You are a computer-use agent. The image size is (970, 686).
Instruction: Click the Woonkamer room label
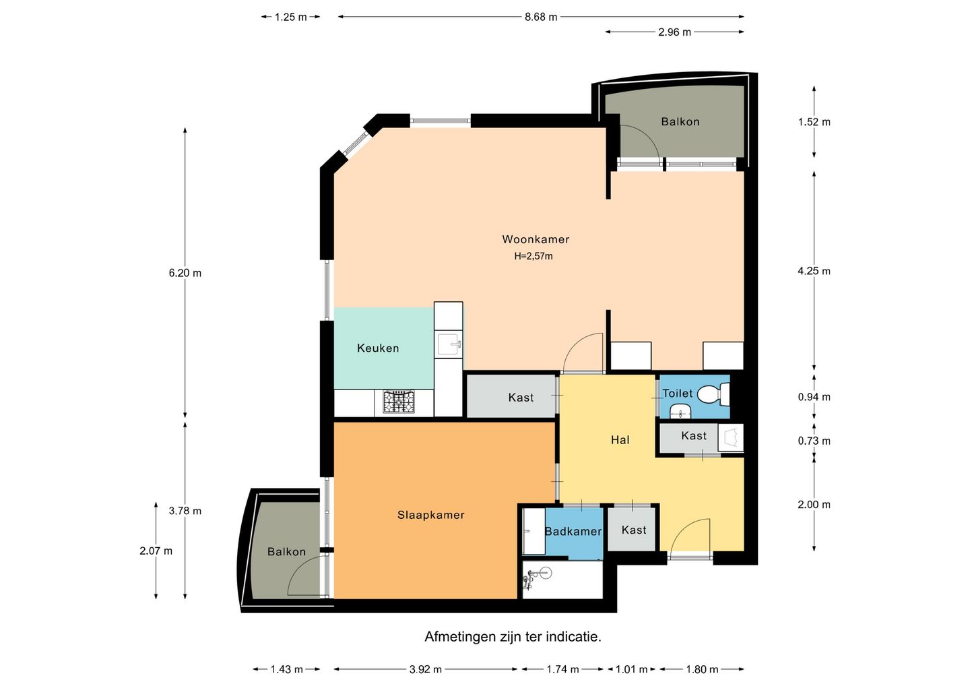536,239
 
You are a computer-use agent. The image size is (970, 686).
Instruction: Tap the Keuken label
378,348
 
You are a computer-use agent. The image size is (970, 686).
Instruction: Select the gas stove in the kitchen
398,402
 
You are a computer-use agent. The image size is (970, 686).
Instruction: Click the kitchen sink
449,344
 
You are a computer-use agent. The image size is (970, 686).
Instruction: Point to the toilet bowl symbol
713,395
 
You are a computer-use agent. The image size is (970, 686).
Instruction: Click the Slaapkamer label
431,515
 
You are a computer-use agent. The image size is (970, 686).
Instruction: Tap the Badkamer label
573,532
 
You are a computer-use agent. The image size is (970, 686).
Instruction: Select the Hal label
620,440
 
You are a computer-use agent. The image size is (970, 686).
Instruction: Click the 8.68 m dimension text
541,17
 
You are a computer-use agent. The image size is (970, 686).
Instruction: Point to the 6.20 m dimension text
185,273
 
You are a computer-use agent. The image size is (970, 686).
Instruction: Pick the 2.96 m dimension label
674,32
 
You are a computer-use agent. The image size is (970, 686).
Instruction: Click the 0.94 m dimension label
814,397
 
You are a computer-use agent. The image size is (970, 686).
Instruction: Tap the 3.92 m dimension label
425,670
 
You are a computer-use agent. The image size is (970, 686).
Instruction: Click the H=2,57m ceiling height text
533,256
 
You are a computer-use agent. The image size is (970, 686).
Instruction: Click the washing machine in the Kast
731,437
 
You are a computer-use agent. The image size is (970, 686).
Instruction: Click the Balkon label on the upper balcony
680,122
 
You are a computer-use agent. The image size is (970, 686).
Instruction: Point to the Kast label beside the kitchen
521,398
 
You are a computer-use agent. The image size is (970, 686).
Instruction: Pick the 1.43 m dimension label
287,670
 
